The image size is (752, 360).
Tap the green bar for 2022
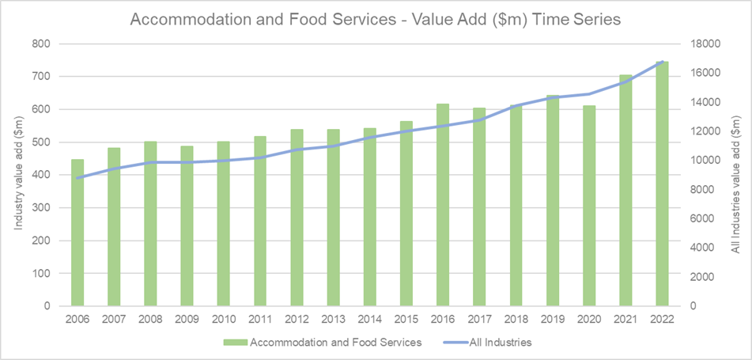point(663,184)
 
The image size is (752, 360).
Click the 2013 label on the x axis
point(334,319)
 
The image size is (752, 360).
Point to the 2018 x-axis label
point(516,319)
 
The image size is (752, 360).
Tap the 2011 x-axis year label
point(260,319)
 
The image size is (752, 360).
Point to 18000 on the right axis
point(705,44)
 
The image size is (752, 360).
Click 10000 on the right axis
point(705,160)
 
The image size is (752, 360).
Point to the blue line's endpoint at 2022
point(663,62)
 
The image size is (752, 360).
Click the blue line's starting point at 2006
point(77,178)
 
